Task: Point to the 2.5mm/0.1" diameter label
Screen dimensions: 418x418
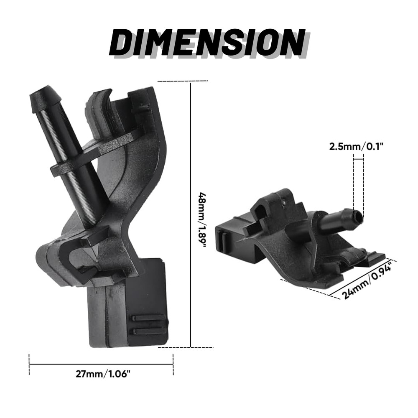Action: (x=357, y=146)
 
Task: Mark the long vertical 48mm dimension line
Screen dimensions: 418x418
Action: (x=191, y=215)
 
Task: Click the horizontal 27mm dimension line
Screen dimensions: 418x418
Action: (x=101, y=364)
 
